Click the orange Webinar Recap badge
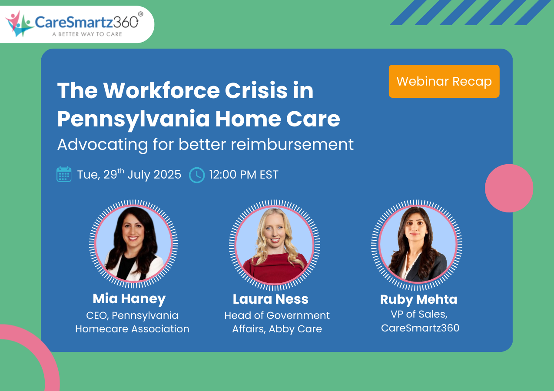pyautogui.click(x=444, y=81)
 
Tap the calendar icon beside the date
pyautogui.click(x=64, y=174)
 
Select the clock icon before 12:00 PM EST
pyautogui.click(x=197, y=175)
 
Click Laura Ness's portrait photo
pyautogui.click(x=274, y=245)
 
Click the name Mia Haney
pyautogui.click(x=129, y=299)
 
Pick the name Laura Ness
pyautogui.click(x=270, y=299)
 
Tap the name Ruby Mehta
pyautogui.click(x=418, y=299)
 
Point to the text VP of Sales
pyautogui.click(x=419, y=314)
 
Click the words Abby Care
pyautogui.click(x=295, y=329)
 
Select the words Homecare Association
pyautogui.click(x=132, y=329)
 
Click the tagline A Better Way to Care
pyautogui.click(x=87, y=34)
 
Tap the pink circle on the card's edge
pyautogui.click(x=509, y=188)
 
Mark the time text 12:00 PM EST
pyautogui.click(x=243, y=175)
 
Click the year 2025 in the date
pyautogui.click(x=167, y=175)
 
